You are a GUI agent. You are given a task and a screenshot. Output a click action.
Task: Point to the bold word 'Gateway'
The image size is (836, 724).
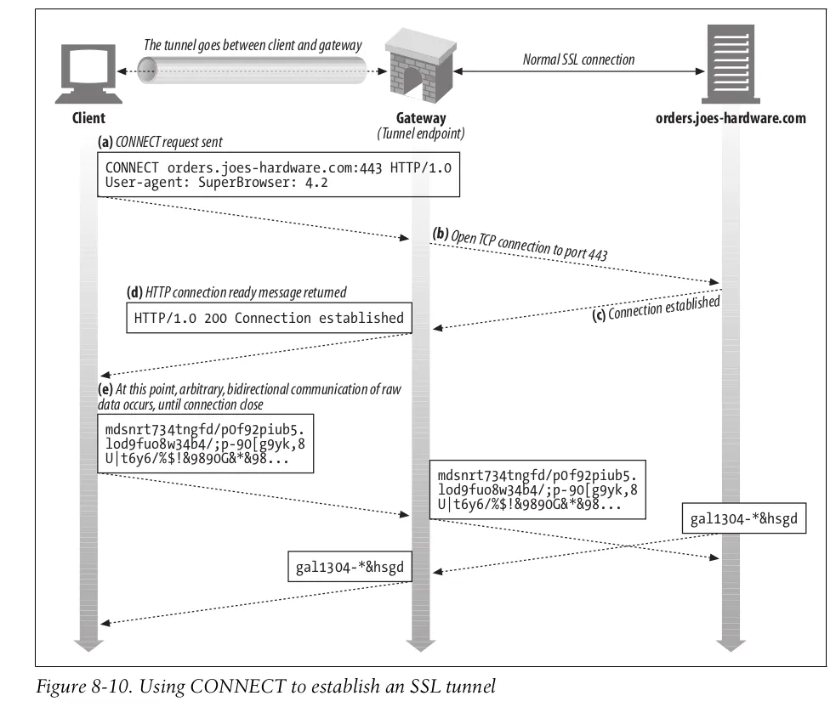(x=421, y=119)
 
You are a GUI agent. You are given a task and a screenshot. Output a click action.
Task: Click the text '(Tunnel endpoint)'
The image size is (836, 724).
(x=421, y=134)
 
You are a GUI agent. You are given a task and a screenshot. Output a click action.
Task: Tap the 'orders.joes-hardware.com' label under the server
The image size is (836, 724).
(x=731, y=119)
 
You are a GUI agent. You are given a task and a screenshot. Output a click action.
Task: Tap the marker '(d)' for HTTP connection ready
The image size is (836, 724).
(x=134, y=291)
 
